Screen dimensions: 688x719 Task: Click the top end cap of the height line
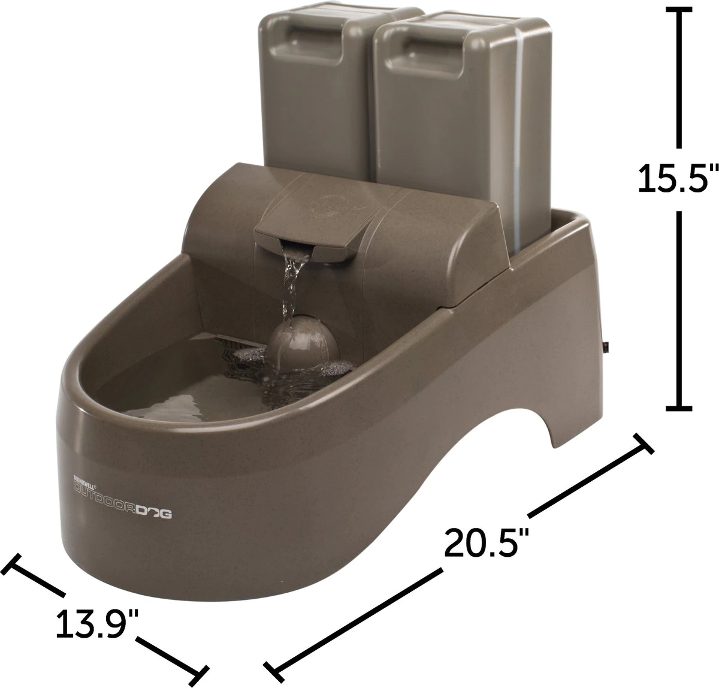pos(678,10)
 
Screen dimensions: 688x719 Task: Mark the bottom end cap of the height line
pos(678,408)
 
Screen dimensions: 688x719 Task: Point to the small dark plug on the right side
pos(607,346)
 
